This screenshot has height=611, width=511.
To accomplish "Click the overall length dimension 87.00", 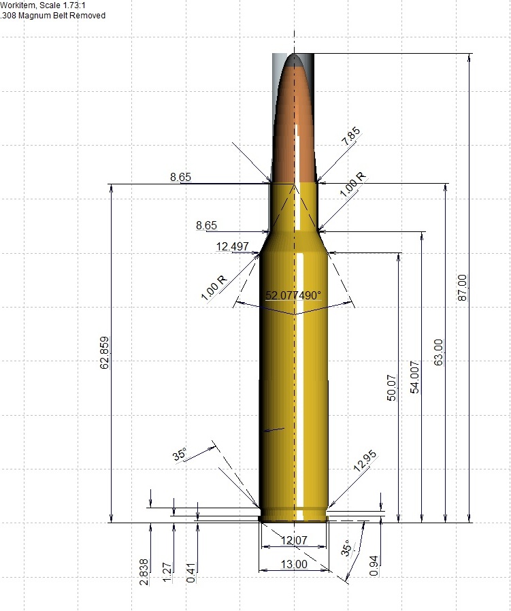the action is (x=462, y=288).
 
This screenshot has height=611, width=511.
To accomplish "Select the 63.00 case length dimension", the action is (x=438, y=352).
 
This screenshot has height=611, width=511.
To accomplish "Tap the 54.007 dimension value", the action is (x=415, y=377).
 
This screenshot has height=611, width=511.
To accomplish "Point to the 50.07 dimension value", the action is (x=391, y=388).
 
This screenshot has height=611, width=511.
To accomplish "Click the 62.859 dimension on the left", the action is (x=105, y=353).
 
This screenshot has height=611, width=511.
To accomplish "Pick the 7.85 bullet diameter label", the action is (x=352, y=137).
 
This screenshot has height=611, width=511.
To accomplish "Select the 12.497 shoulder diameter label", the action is (x=232, y=246).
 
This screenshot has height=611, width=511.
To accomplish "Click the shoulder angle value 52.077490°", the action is (x=293, y=295).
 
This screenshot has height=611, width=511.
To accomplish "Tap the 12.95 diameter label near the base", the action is (x=365, y=461).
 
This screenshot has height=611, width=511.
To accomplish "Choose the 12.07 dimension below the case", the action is (x=294, y=540).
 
